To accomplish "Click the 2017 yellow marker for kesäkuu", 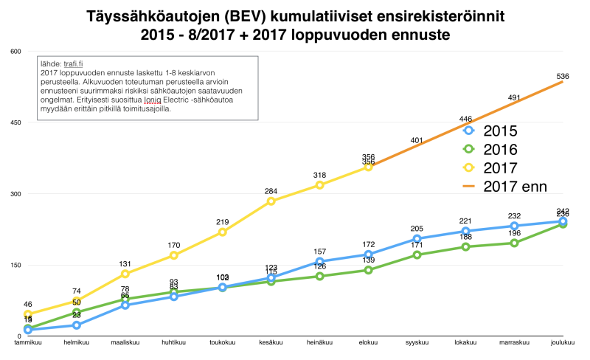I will tap(271, 201).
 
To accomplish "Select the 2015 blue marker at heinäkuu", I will tap(319, 262).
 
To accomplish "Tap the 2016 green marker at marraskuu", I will tap(515, 243).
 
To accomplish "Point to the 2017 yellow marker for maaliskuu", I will tap(125, 274).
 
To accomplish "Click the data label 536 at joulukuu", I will tap(563, 76).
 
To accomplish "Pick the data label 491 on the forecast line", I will tap(515, 97).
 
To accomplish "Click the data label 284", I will tap(271, 191).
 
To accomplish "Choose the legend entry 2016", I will tap(500, 150).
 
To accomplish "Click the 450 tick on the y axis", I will tap(15, 122).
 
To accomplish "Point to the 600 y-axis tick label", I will tap(15, 51).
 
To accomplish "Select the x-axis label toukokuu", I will tap(223, 343).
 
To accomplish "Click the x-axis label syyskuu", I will tap(417, 343).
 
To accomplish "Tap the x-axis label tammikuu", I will tap(28, 343).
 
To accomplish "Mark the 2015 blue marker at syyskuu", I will tap(417, 238).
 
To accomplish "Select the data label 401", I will tap(417, 140).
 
